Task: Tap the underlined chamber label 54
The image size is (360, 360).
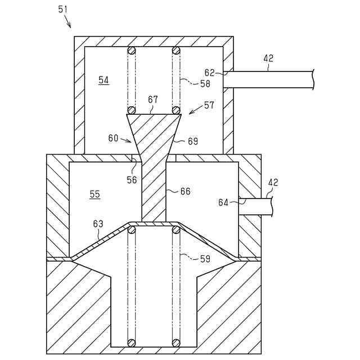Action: tap(103, 80)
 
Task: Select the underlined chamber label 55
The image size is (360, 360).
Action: tap(95, 194)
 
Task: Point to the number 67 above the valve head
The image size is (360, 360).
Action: tap(153, 100)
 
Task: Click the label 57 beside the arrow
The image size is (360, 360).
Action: tap(210, 105)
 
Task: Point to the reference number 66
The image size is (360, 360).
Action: tap(185, 191)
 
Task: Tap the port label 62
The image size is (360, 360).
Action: tap(209, 72)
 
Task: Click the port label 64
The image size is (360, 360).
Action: tap(223, 202)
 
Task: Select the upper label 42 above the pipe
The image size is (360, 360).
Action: tap(268, 58)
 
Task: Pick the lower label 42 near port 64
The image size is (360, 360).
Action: tap(273, 182)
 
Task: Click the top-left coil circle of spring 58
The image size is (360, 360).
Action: tap(132, 50)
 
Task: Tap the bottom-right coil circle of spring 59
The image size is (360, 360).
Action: tap(176, 341)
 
